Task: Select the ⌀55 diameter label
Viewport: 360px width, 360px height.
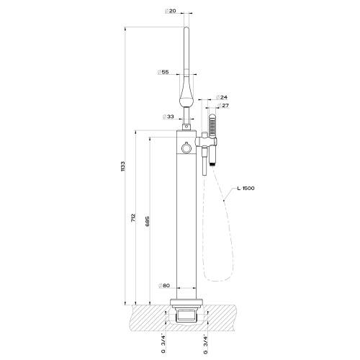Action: pyautogui.click(x=163, y=73)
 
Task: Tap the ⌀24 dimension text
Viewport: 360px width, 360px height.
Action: pyautogui.click(x=223, y=97)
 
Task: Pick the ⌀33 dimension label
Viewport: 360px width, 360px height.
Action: pyautogui.click(x=169, y=117)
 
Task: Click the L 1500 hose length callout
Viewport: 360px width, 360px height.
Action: pyautogui.click(x=246, y=189)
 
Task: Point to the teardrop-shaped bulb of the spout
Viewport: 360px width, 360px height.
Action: pyautogui.click(x=187, y=90)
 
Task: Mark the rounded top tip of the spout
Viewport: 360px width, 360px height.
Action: pyautogui.click(x=187, y=28)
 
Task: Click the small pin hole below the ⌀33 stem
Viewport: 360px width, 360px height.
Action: pyautogui.click(x=187, y=128)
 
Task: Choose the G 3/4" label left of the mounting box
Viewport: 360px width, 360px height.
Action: pyautogui.click(x=164, y=338)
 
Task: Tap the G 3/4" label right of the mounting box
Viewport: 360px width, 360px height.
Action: pyautogui.click(x=210, y=338)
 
